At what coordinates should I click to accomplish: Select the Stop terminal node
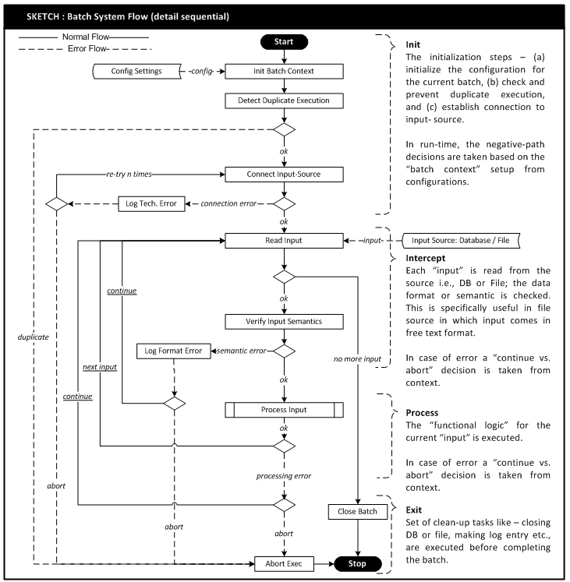(x=359, y=563)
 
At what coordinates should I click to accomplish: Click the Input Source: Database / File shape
(x=461, y=241)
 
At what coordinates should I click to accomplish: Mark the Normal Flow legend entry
(x=78, y=37)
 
